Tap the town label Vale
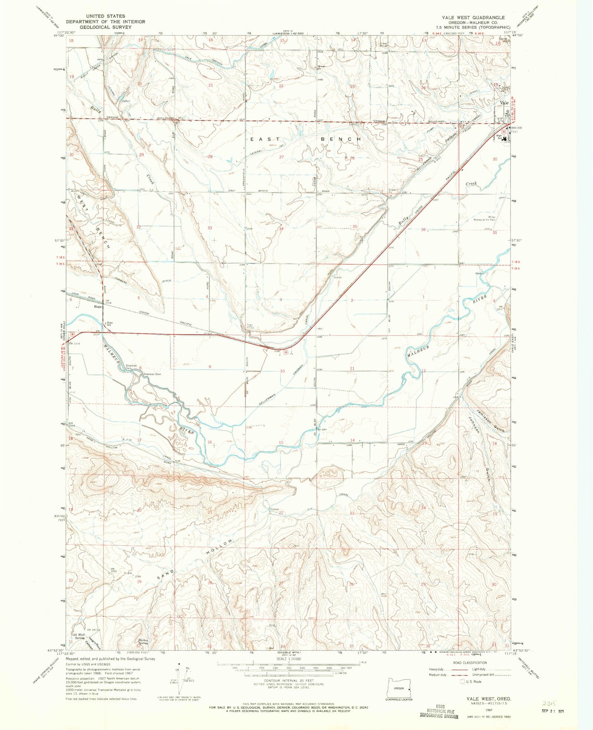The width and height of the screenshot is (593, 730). [504, 103]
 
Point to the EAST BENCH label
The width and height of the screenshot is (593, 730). [306, 140]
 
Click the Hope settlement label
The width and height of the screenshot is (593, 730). [98, 307]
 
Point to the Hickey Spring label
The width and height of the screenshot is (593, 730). [143, 642]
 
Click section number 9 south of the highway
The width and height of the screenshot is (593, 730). [210, 367]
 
